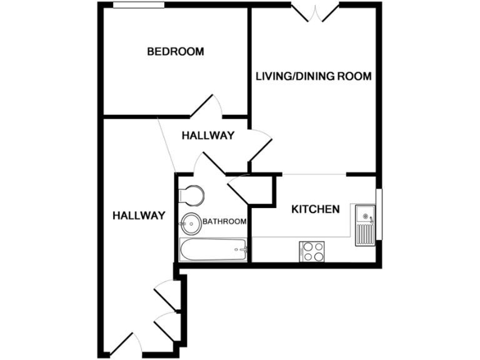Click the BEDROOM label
click(x=175, y=52)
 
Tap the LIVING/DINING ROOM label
click(x=314, y=77)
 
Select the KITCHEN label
click(x=316, y=209)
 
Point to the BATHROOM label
click(x=224, y=222)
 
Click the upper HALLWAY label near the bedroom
click(x=207, y=136)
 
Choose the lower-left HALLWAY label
click(x=139, y=216)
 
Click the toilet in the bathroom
click(x=190, y=195)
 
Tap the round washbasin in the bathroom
click(x=191, y=222)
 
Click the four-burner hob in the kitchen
click(x=312, y=251)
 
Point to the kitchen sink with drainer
click(x=364, y=224)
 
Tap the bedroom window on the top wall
click(x=139, y=5)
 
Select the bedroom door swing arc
click(x=207, y=106)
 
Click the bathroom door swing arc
click(x=206, y=164)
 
